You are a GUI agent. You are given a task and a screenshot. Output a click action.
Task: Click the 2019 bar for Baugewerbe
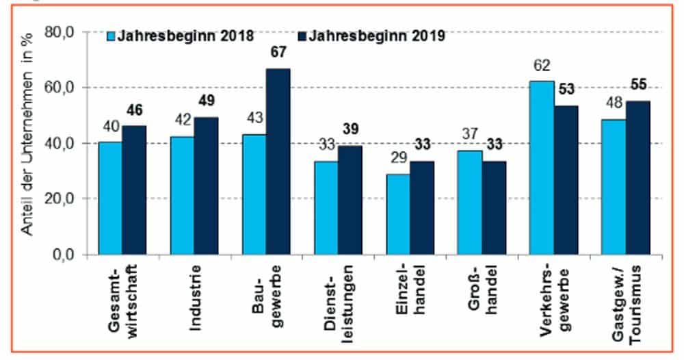click(278, 162)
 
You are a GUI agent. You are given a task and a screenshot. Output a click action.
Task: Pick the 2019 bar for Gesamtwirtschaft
click(134, 190)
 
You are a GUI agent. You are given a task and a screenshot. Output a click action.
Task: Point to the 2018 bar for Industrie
click(182, 196)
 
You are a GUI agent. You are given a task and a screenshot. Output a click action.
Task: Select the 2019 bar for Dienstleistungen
click(350, 200)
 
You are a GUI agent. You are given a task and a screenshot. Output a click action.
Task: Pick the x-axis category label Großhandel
click(480, 291)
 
